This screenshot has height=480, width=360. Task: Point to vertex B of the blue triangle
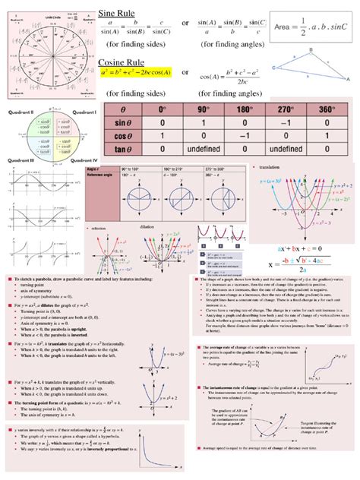312,51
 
